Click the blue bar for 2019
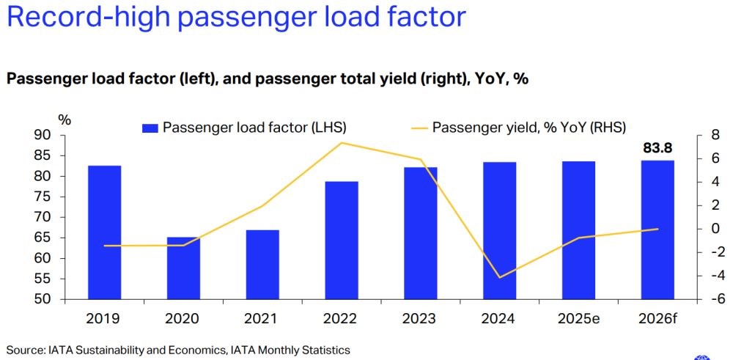104,232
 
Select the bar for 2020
183,268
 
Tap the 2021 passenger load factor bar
262,265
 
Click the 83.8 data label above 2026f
658,148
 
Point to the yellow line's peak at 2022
342,143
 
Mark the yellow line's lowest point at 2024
500,277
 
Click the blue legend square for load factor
150,128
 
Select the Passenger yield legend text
528,127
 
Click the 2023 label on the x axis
420,319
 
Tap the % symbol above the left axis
65,120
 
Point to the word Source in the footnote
24,350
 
